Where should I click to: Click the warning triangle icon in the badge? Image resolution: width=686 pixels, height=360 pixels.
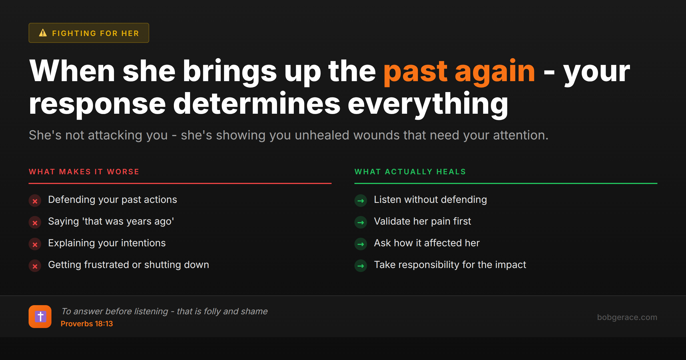43,33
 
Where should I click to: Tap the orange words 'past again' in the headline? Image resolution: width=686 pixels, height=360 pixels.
459,71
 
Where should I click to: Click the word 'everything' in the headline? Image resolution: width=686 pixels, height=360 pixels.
428,104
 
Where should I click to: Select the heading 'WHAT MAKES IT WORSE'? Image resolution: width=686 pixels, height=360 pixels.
84,172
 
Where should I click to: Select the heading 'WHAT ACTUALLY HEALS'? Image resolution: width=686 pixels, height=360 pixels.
410,172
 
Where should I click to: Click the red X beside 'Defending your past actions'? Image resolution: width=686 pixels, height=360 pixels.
35,201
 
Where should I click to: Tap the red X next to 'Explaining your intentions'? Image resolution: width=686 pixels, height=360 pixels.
35,244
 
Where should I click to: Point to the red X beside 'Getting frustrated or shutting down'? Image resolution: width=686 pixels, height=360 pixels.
35,266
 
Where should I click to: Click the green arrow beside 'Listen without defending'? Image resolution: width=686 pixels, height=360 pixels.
361,201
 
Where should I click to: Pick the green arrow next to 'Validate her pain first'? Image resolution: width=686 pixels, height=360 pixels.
361,223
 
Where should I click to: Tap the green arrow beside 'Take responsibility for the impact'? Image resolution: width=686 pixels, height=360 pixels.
361,266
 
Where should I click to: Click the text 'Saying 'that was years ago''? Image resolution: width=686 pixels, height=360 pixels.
111,221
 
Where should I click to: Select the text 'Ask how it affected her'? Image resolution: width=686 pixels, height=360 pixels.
427,243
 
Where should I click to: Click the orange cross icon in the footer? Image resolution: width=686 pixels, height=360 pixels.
40,317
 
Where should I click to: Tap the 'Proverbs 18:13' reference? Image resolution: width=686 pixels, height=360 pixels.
87,324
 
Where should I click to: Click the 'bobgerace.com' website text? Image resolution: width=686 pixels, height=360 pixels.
627,317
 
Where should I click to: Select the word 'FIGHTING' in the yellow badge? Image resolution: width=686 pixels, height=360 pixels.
74,33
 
